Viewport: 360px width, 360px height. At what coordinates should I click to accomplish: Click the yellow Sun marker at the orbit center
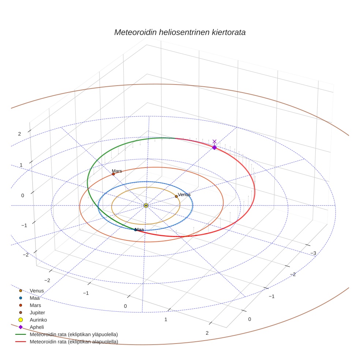click(x=146, y=206)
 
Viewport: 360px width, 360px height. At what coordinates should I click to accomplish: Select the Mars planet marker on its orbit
click(x=113, y=174)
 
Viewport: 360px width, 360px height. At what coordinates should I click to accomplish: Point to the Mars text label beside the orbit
click(x=117, y=171)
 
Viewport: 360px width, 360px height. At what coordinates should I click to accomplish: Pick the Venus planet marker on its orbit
click(x=176, y=196)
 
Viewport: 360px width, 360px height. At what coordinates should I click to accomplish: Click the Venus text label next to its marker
click(x=184, y=195)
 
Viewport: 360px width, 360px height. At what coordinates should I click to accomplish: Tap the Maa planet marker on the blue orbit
click(x=135, y=230)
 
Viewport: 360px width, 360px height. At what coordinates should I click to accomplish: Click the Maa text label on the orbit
click(x=140, y=230)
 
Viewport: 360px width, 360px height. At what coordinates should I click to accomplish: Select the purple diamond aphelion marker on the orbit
click(x=214, y=147)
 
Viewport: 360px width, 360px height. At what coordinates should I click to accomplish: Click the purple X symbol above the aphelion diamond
click(x=214, y=141)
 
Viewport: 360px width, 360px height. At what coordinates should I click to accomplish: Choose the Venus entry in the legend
click(x=37, y=291)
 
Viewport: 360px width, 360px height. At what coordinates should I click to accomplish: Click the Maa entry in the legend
click(x=34, y=298)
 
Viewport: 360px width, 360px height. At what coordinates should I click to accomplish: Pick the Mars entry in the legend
click(x=35, y=305)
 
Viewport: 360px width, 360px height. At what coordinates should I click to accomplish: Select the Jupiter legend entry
click(x=37, y=313)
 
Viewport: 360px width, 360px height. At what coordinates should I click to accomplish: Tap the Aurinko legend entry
click(x=38, y=320)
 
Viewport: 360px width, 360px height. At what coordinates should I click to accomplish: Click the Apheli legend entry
click(x=37, y=327)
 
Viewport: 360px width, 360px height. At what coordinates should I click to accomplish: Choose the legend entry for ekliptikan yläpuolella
click(x=74, y=334)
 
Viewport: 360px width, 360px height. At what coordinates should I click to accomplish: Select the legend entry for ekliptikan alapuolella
click(x=74, y=342)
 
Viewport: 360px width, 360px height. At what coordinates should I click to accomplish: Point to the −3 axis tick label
click(x=313, y=253)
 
